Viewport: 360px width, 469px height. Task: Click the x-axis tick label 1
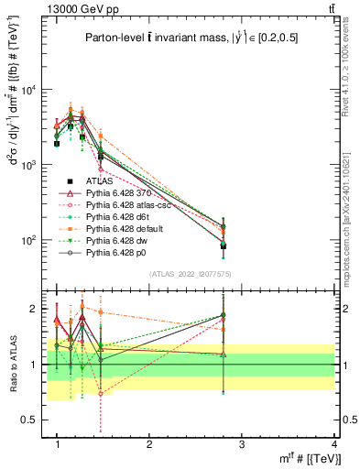coord(58,442)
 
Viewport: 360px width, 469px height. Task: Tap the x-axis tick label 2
coord(150,442)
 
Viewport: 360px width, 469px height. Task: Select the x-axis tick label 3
coord(243,442)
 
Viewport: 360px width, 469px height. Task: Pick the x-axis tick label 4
coord(335,442)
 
